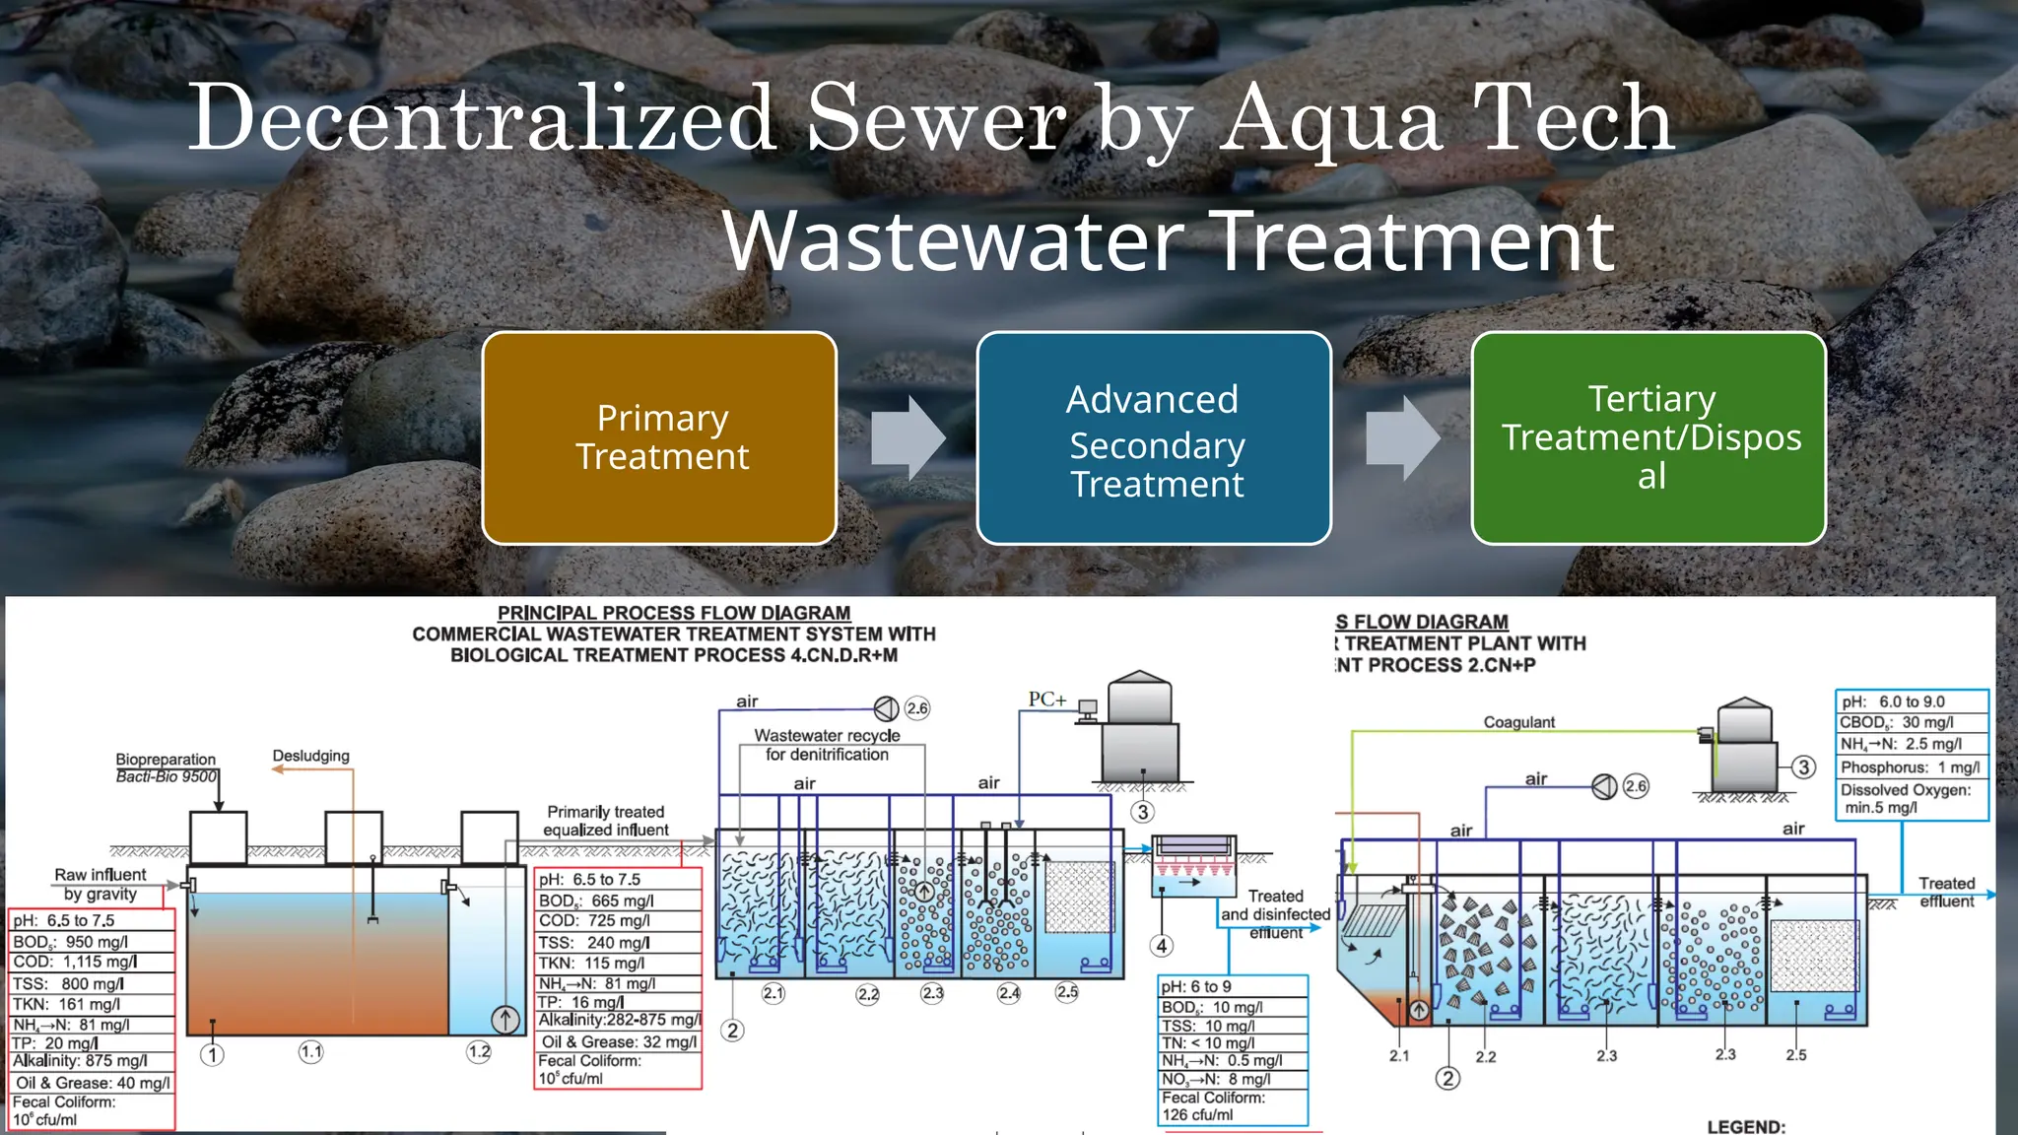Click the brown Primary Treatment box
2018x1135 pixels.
(659, 438)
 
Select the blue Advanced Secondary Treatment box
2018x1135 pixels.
(1154, 438)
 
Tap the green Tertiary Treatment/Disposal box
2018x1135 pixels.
(1648, 438)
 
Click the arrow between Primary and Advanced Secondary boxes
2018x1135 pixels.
(908, 438)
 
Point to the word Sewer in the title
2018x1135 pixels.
(936, 118)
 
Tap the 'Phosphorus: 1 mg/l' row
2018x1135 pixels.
(1911, 768)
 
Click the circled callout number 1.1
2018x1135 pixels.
(311, 1052)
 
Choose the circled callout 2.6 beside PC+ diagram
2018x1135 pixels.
(917, 708)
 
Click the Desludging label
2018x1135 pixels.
(311, 756)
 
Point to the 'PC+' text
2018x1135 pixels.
(1046, 700)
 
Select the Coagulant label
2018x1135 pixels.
(1518, 722)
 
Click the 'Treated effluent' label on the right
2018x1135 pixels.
(1946, 893)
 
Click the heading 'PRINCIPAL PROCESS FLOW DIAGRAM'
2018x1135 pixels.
(674, 613)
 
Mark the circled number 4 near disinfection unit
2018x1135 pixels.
(1162, 946)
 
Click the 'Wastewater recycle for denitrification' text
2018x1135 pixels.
(827, 745)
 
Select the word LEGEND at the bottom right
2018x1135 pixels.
(1745, 1126)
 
